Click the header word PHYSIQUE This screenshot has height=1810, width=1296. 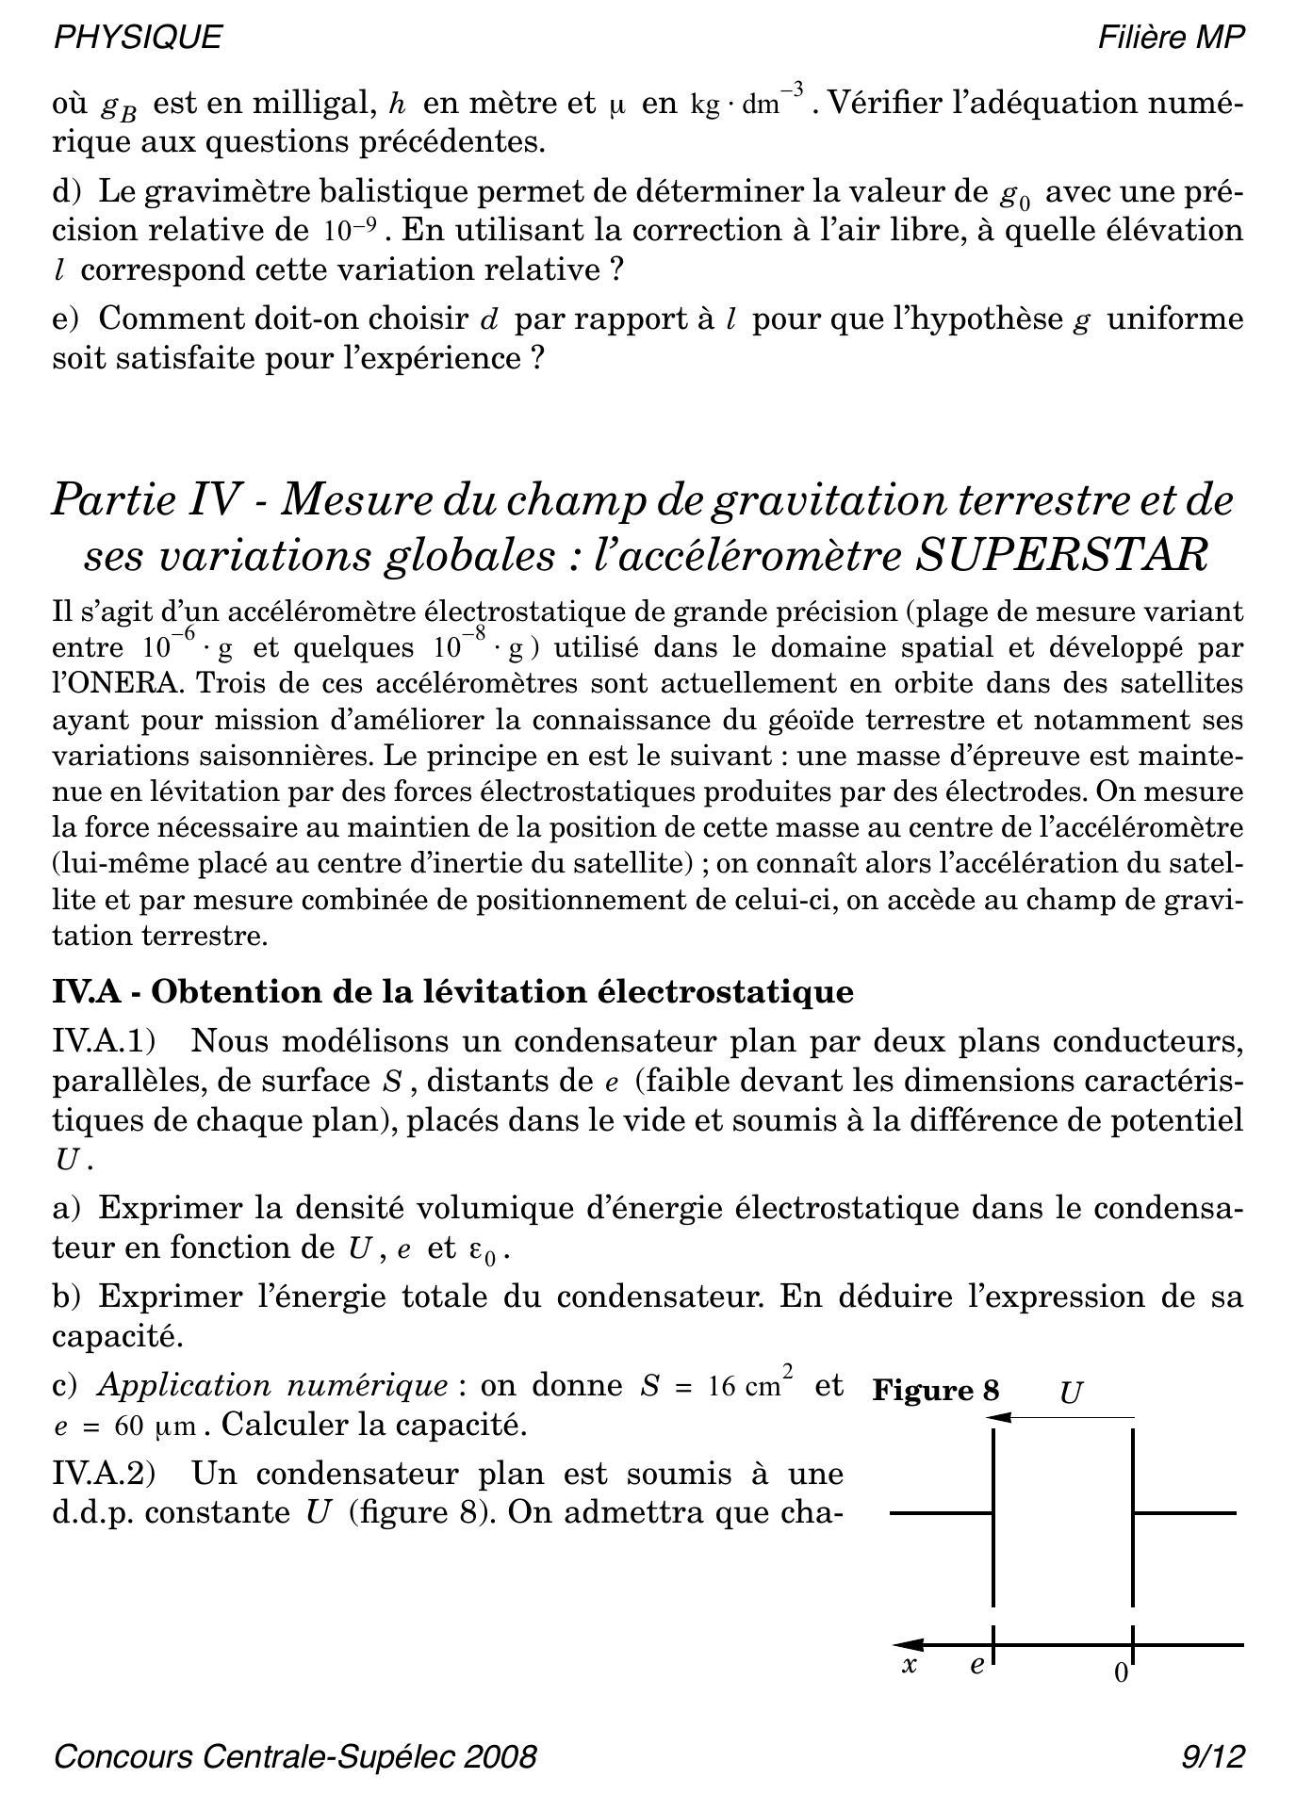click(138, 37)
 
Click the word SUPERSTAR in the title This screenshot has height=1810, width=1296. click(1061, 555)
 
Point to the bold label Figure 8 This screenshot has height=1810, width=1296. click(935, 1391)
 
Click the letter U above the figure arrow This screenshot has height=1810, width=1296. click(1070, 1393)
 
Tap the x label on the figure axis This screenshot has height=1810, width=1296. click(910, 1665)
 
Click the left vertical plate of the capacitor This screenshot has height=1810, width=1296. click(993, 1517)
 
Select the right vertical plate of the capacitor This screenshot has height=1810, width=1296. click(1132, 1517)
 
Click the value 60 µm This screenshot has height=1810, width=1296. click(156, 1426)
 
